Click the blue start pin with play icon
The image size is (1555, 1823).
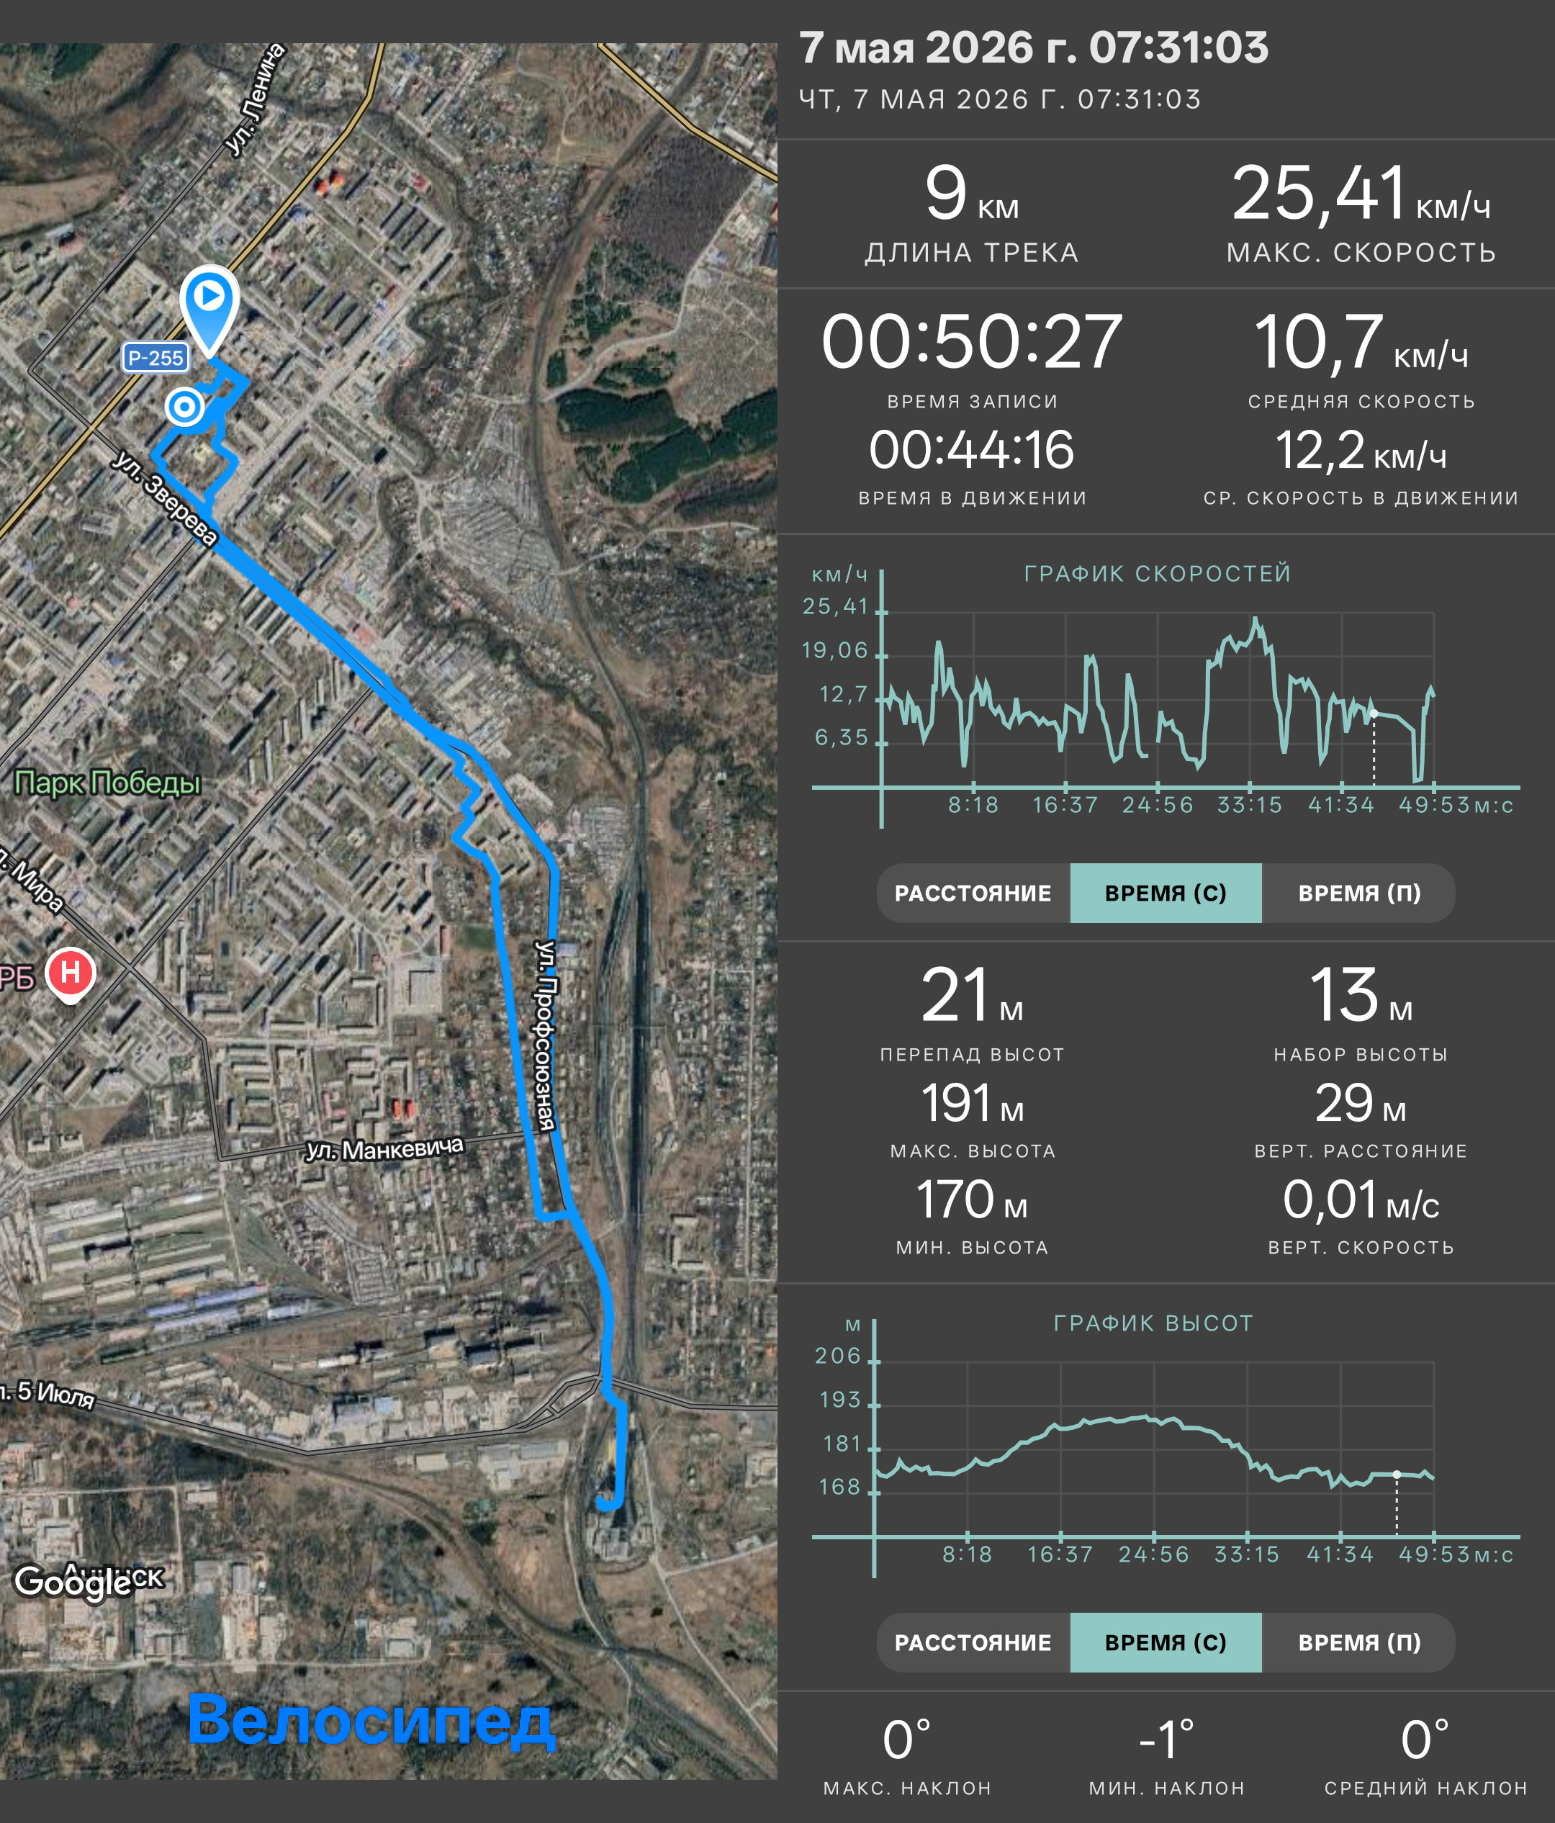point(209,308)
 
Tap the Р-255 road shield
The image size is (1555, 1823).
point(155,358)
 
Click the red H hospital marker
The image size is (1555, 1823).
point(71,974)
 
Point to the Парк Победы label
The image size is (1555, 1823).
point(107,782)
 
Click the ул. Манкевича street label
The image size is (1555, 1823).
point(384,1149)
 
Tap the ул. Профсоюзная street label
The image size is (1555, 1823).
point(547,1035)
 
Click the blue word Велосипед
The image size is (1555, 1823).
point(371,1719)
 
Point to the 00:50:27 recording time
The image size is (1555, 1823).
point(971,341)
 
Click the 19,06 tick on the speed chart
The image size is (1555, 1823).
point(834,650)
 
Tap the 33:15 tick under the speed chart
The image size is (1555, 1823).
point(1249,805)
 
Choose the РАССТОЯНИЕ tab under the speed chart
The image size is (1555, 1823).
point(973,893)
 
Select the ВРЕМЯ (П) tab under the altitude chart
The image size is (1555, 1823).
point(1359,1642)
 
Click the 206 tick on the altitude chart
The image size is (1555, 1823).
point(838,1356)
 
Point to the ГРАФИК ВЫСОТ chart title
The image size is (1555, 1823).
point(1153,1323)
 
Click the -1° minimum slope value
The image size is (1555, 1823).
point(1166,1739)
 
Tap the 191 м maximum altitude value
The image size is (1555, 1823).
point(972,1103)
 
